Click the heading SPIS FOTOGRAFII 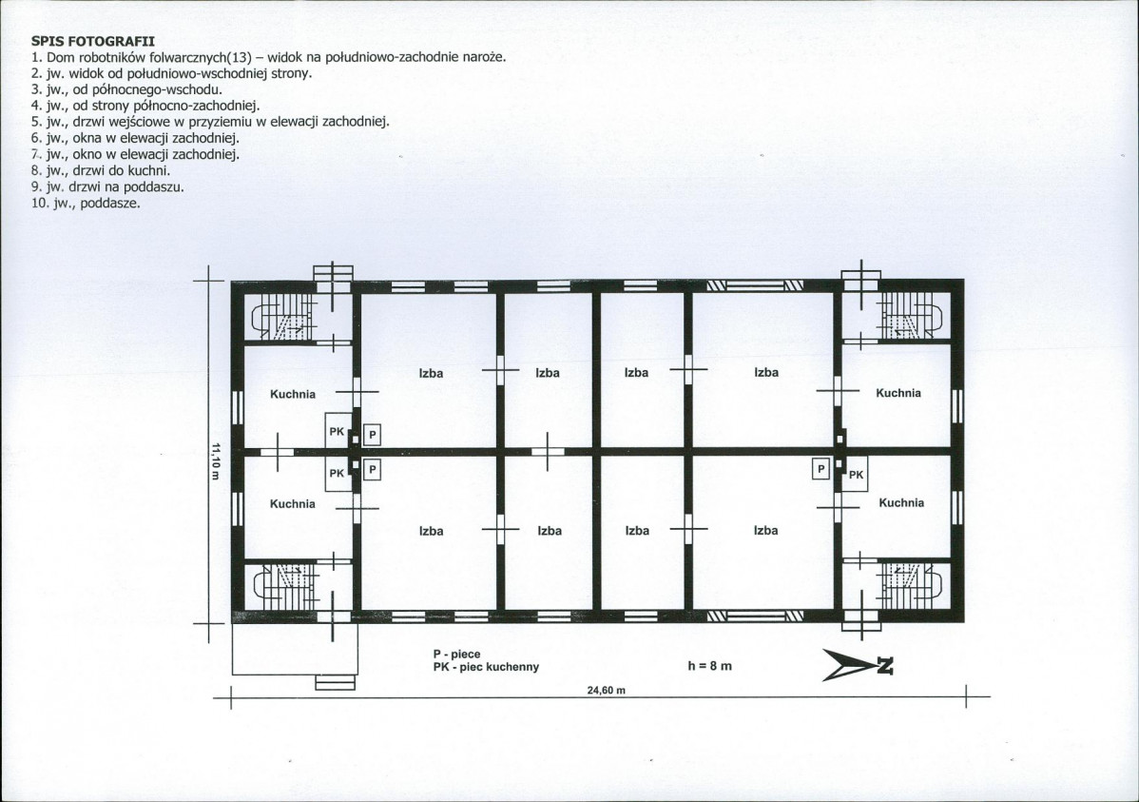click(x=93, y=42)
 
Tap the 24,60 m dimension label click(x=606, y=690)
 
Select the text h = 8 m click(x=709, y=665)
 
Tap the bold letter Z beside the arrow click(x=885, y=665)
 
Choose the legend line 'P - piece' click(x=457, y=655)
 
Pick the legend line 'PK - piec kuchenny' click(x=486, y=667)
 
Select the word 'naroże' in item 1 click(x=484, y=57)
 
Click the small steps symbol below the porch click(x=335, y=683)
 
